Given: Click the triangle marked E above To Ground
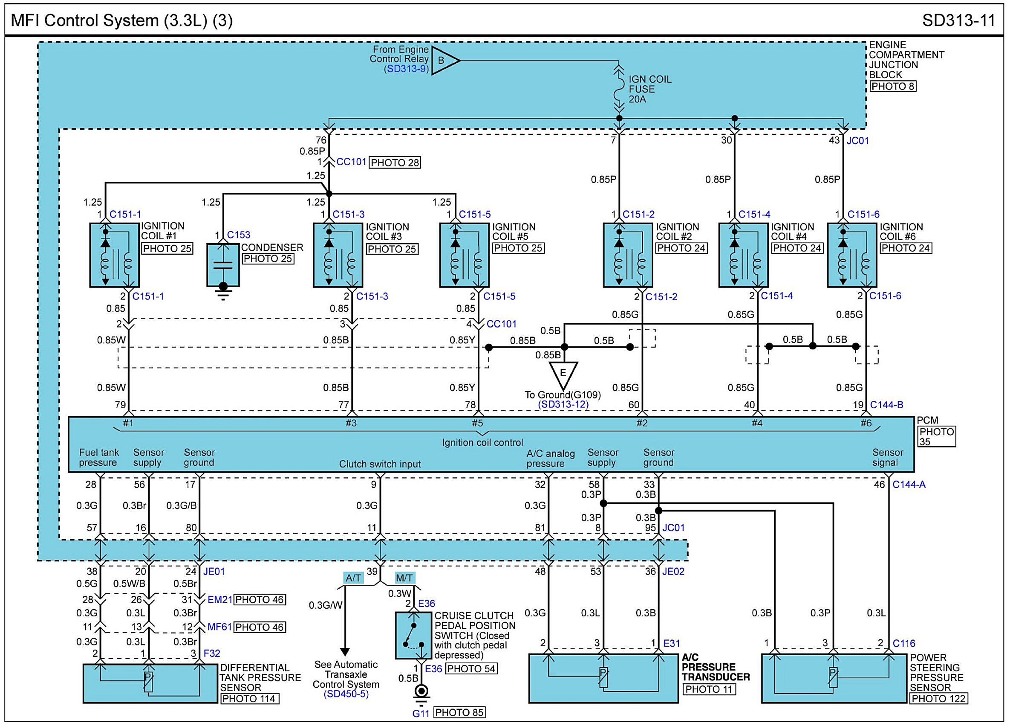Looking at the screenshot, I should [x=563, y=374].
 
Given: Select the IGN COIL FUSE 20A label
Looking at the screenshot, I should [x=650, y=89].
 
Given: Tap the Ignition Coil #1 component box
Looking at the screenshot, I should [x=115, y=255].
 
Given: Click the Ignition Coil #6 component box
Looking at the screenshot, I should [x=851, y=255].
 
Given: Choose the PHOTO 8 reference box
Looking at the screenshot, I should [x=893, y=87].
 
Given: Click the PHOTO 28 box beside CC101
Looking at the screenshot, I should [x=395, y=163].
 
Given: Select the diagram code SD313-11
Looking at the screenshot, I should [x=958, y=20].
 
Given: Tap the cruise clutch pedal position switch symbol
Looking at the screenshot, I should [x=413, y=636].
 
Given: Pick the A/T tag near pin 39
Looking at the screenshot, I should [x=353, y=578].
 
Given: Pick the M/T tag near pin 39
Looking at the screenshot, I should [x=404, y=578].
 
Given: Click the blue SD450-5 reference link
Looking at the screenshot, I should [x=346, y=694].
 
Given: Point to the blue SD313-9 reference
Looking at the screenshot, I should [x=406, y=69].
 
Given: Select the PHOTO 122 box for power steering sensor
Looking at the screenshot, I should [x=938, y=698].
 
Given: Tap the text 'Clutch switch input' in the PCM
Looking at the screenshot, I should [x=379, y=464].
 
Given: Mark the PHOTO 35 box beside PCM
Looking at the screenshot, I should [x=937, y=436].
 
